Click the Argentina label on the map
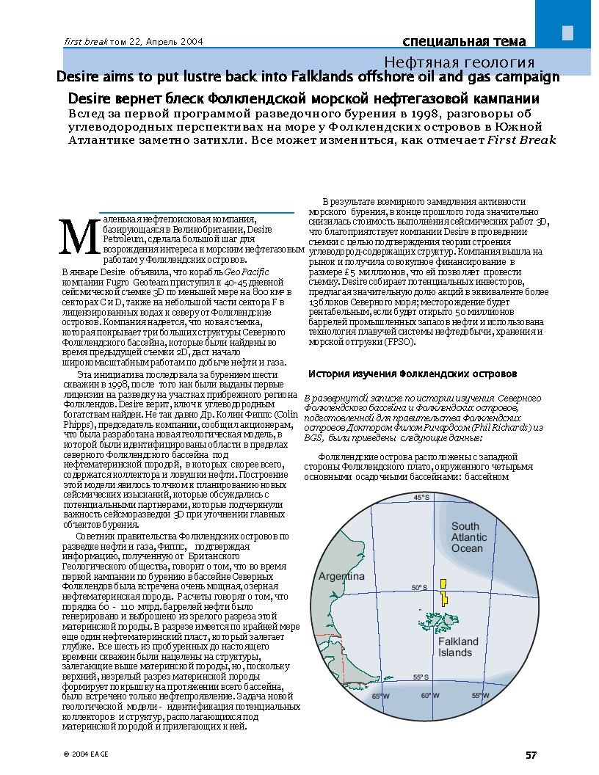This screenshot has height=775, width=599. [x=341, y=577]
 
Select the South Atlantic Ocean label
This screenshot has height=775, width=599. [x=468, y=537]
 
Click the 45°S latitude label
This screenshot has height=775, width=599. [x=421, y=498]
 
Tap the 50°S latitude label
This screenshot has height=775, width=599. [x=418, y=587]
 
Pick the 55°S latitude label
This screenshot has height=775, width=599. [x=420, y=677]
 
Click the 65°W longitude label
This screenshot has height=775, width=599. [x=380, y=696]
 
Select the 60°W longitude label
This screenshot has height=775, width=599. [x=429, y=696]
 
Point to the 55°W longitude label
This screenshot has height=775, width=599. [x=481, y=696]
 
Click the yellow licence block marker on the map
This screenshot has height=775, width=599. [x=443, y=592]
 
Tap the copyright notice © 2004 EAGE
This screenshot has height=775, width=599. [x=81, y=754]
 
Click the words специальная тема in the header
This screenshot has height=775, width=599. [x=468, y=40]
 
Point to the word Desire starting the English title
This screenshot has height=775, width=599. [x=80, y=76]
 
